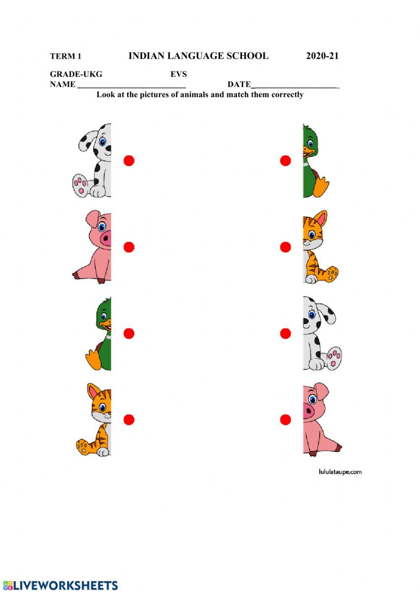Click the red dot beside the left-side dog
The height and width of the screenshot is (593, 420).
(x=129, y=160)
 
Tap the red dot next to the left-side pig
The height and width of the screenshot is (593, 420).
(x=129, y=247)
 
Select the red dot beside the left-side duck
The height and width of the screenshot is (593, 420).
(x=129, y=334)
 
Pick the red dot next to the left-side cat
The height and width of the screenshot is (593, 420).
(x=129, y=420)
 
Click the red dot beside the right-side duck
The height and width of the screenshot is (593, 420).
(x=286, y=161)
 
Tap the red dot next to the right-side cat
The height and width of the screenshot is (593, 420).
(x=286, y=247)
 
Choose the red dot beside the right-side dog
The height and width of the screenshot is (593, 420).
(x=286, y=334)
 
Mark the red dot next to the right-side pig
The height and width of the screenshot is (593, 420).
(x=286, y=420)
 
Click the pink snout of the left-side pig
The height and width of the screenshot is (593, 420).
(x=106, y=239)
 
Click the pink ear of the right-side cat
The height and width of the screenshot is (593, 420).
(x=321, y=219)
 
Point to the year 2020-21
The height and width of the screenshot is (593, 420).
(x=322, y=56)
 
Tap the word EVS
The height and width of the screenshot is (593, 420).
(x=178, y=74)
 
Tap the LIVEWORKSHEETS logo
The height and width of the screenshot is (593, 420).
(x=61, y=585)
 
